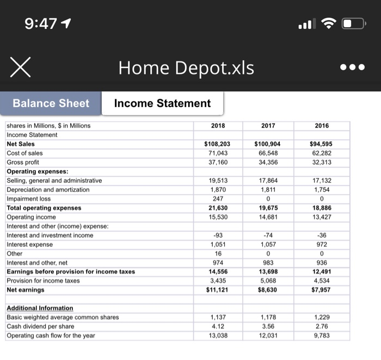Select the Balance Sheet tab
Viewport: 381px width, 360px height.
pos(51,103)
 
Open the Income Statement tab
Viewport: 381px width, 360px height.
pos(162,103)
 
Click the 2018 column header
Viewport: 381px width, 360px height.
pos(217,126)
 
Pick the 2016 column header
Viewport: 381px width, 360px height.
pos(322,126)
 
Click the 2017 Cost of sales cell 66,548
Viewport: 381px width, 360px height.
pos(268,153)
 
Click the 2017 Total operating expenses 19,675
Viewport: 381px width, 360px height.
pos(268,208)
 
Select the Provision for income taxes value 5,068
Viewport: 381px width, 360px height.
pos(268,281)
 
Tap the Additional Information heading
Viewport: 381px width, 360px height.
pos(40,308)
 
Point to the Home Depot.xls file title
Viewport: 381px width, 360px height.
pos(186,68)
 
